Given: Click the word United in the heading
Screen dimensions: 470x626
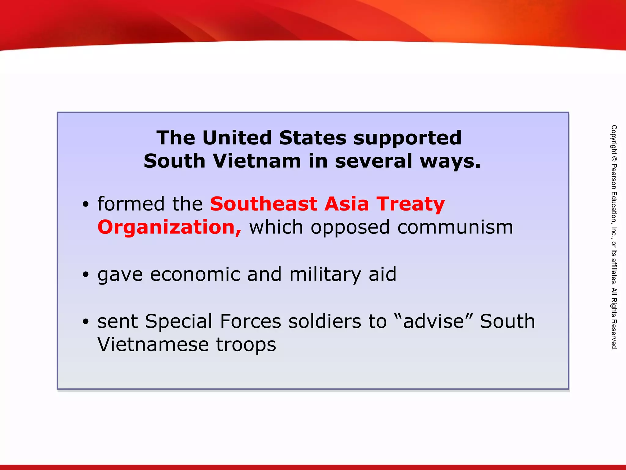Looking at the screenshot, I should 237,138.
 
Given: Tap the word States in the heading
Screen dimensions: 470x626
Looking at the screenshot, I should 312,138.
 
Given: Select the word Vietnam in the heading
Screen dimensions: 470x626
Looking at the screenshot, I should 257,161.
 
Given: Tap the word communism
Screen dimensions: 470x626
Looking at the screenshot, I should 455,228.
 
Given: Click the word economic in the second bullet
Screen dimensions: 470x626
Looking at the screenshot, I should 195,274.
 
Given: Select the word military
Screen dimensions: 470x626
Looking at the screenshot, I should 325,275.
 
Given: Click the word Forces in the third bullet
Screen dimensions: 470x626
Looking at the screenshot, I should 250,321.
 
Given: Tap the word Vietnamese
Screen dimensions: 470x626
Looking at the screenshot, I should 153,345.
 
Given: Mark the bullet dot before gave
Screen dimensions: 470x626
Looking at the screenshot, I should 86,274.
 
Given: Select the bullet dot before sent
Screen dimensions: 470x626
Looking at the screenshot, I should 86,322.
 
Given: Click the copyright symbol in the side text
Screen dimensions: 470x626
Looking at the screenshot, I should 614,159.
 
